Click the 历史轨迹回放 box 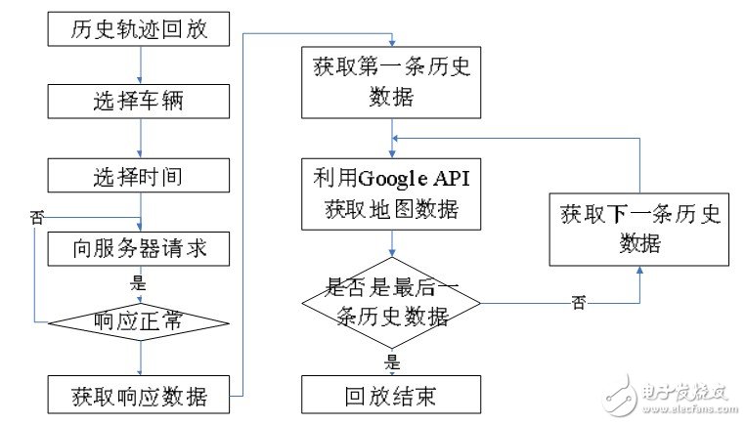click(x=139, y=29)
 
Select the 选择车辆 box click(x=139, y=102)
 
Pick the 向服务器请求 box click(x=139, y=249)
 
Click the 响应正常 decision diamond click(x=139, y=321)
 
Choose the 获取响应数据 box click(x=139, y=395)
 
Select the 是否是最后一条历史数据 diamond click(x=392, y=302)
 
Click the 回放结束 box click(x=392, y=396)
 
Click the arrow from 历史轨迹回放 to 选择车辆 click(x=140, y=65)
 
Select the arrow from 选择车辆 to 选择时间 click(x=140, y=139)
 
